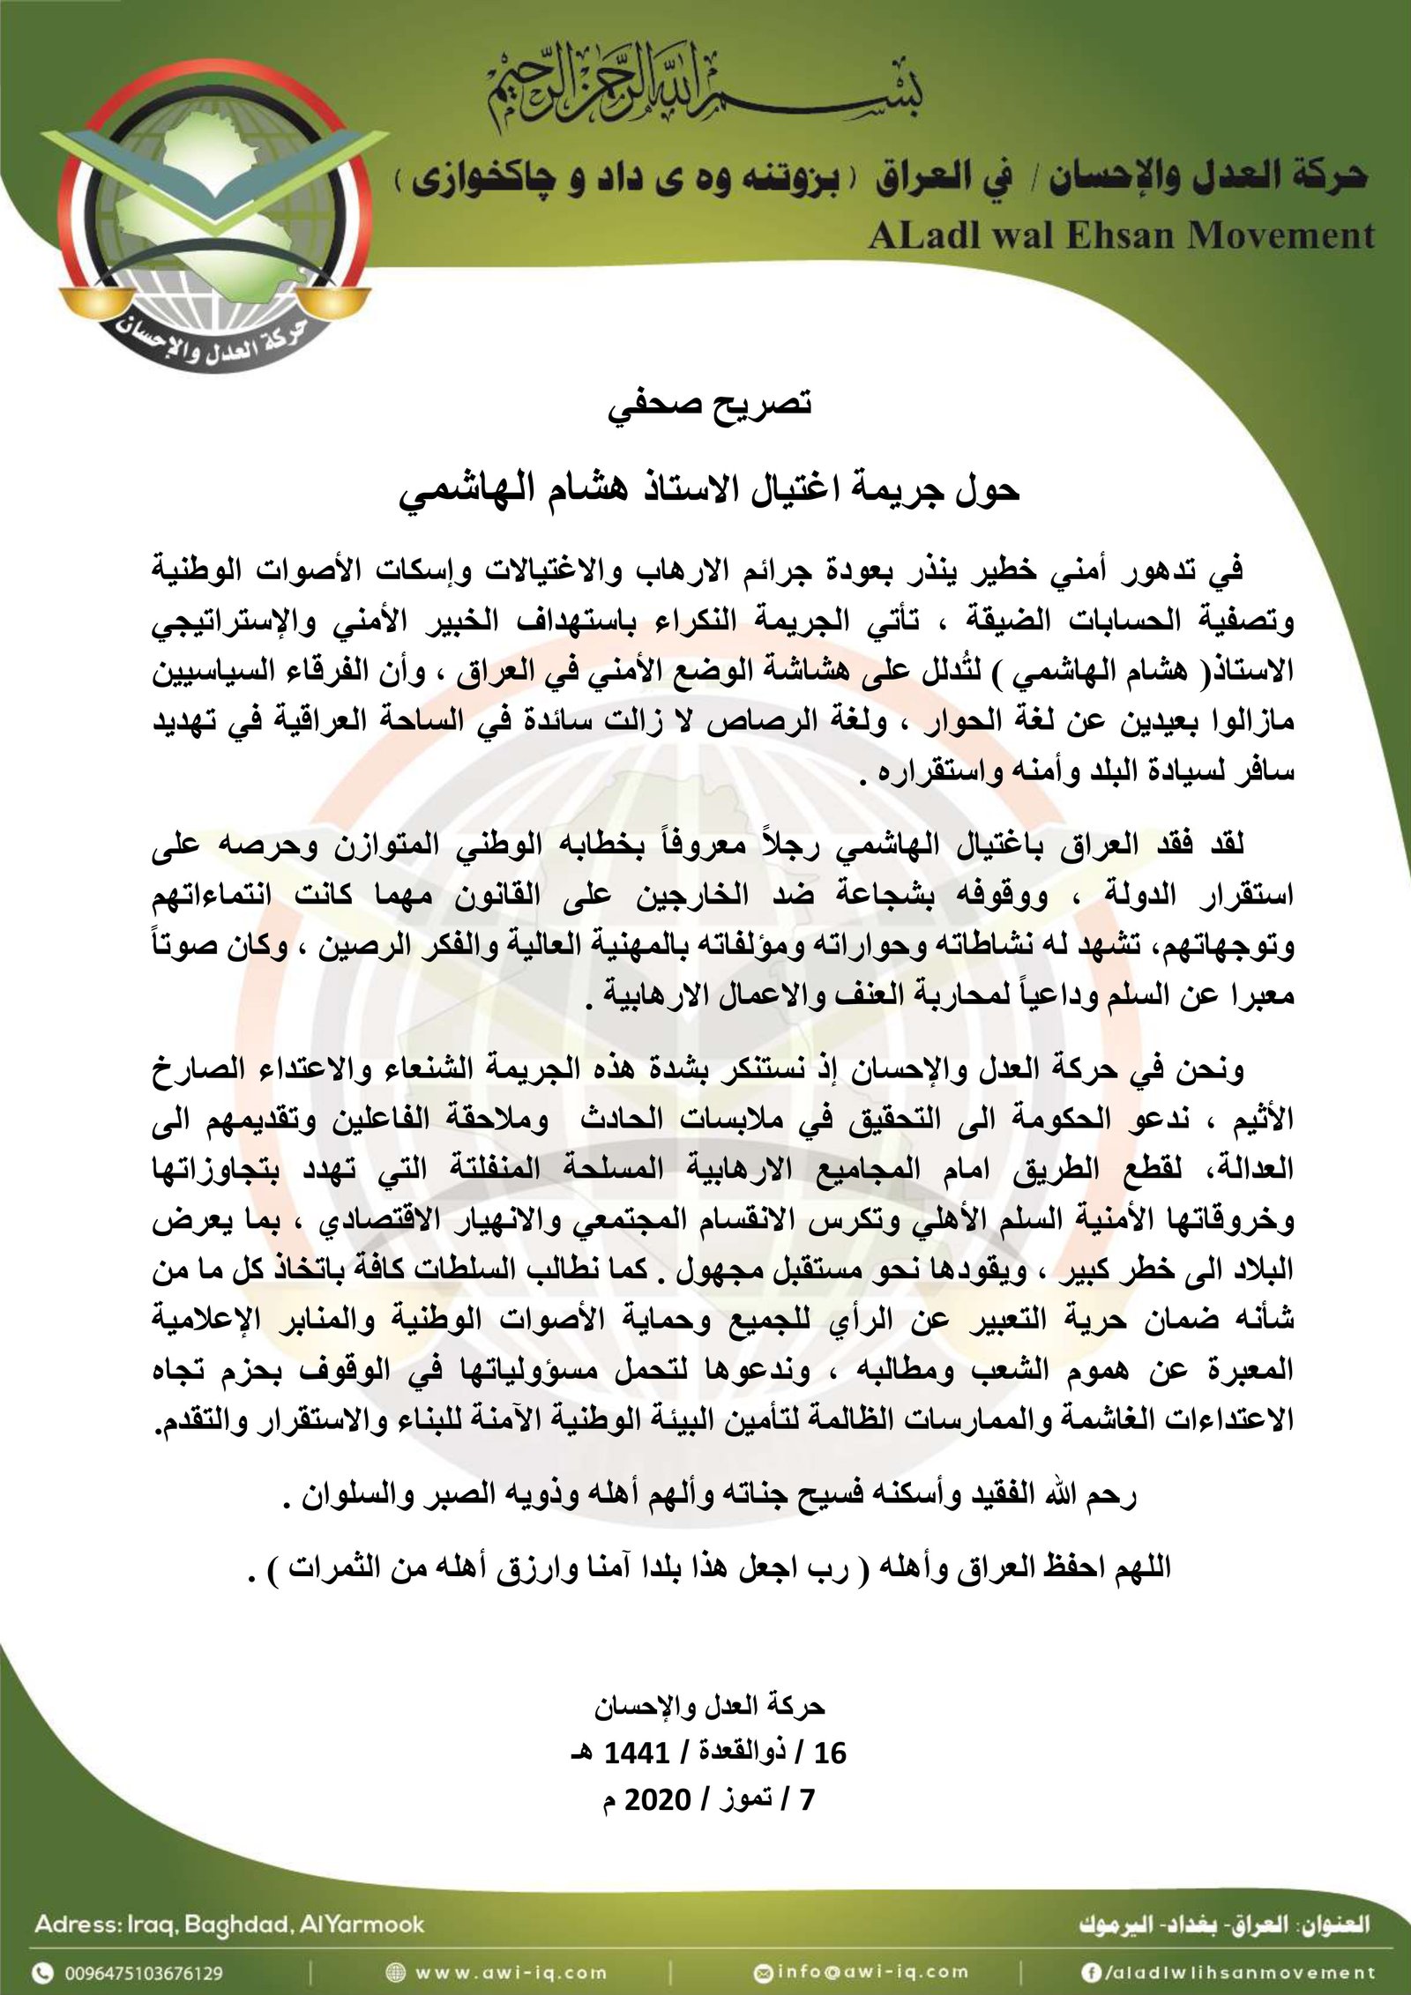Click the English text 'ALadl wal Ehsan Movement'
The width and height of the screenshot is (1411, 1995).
pos(1121,235)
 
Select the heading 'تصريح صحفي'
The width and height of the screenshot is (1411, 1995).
pos(711,406)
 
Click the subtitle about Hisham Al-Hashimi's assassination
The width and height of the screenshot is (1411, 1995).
pos(711,490)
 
